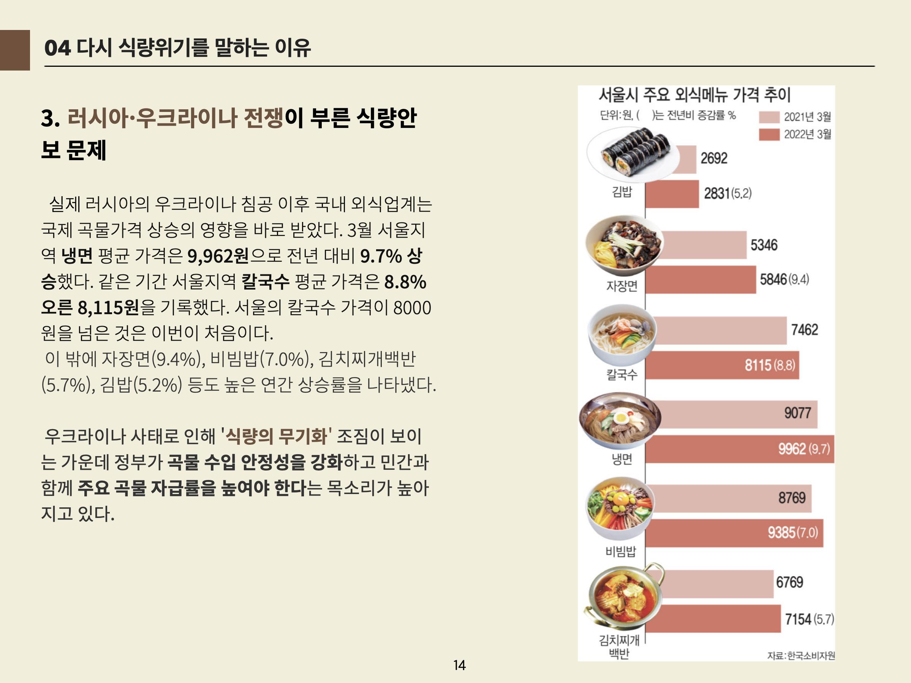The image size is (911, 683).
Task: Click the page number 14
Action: [459, 665]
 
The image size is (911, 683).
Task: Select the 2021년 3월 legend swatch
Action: [769, 117]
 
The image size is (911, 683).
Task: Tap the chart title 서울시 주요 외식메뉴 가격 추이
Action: [694, 95]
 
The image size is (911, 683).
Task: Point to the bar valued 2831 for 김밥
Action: [672, 194]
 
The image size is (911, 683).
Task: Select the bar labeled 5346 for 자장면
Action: [696, 245]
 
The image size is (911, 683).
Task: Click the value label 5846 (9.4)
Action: [784, 280]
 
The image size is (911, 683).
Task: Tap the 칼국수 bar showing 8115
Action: [722, 365]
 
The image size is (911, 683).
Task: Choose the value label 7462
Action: [804, 330]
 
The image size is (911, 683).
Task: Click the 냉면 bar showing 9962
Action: [740, 449]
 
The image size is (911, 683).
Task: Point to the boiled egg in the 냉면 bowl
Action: [621, 419]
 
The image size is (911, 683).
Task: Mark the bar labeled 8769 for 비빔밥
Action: [728, 499]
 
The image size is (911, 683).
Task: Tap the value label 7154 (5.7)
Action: [809, 619]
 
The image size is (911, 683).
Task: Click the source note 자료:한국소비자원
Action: [800, 655]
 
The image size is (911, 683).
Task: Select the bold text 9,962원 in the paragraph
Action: [218, 256]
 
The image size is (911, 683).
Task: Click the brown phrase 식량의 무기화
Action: [277, 436]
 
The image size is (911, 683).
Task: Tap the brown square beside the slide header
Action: [15, 50]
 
